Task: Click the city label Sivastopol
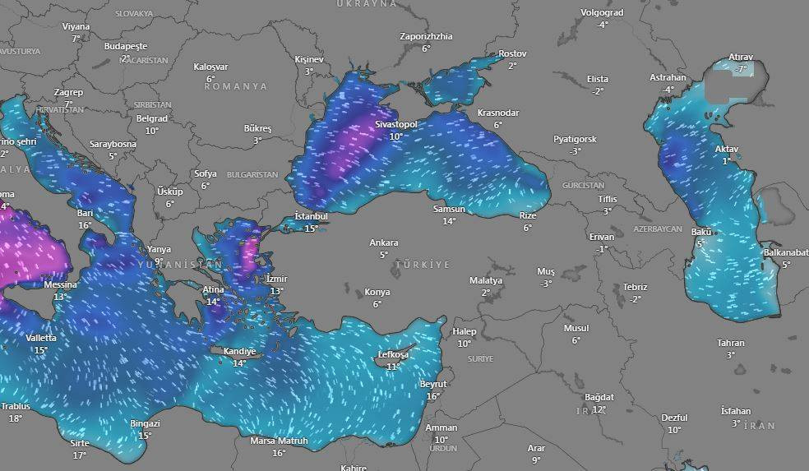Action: click(395, 124)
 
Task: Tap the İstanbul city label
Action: click(311, 216)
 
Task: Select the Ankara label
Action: click(384, 242)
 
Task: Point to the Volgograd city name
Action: click(602, 13)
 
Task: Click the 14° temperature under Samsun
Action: click(449, 221)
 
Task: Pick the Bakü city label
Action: click(701, 232)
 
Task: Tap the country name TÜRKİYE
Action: click(423, 265)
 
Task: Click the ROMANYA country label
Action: click(236, 86)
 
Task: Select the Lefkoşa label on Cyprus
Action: click(393, 354)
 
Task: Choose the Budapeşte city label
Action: click(125, 46)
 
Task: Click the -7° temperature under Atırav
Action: click(741, 69)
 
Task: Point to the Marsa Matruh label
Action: click(279, 441)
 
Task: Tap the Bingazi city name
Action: click(145, 423)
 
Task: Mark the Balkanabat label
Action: click(786, 252)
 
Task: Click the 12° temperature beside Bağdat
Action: click(599, 409)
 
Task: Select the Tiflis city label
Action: click(607, 200)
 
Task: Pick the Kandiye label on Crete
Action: click(239, 351)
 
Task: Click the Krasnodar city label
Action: click(497, 113)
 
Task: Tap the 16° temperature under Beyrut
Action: click(433, 396)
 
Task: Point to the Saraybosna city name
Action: click(113, 144)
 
